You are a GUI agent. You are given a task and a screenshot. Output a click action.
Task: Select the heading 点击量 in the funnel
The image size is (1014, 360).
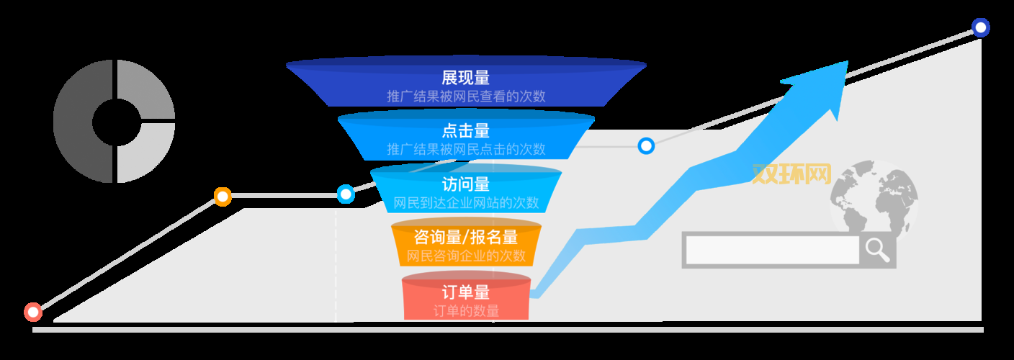(x=466, y=131)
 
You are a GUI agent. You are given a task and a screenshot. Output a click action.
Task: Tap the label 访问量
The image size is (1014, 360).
(x=466, y=184)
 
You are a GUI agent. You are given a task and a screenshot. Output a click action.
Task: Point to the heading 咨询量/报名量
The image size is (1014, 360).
(x=466, y=238)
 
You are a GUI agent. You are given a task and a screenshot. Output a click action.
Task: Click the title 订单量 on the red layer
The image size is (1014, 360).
(x=466, y=292)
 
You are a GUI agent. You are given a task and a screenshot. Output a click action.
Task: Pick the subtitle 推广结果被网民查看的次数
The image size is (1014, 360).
(x=466, y=96)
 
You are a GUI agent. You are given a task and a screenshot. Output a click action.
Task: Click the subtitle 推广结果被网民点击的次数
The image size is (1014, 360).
(x=466, y=150)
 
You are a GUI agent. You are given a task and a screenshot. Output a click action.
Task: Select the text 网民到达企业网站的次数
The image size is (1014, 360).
(x=466, y=202)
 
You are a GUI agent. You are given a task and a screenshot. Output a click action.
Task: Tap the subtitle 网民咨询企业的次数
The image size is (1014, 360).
(x=466, y=256)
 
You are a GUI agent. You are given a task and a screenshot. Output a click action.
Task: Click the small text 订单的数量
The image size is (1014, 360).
(x=466, y=311)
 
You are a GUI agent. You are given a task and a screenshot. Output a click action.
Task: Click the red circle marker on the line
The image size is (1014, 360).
(x=33, y=312)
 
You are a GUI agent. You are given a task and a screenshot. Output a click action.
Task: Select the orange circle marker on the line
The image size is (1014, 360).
(x=223, y=197)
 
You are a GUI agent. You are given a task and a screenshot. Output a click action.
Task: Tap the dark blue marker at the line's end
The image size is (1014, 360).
(x=980, y=27)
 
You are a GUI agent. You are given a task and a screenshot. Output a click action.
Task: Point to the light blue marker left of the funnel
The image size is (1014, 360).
(x=346, y=194)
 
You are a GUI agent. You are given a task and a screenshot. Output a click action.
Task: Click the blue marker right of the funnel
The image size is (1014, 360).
(x=646, y=146)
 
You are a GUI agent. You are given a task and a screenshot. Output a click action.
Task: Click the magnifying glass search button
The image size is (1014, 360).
(x=877, y=250)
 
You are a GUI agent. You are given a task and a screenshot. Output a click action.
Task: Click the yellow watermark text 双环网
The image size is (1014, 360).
(x=791, y=174)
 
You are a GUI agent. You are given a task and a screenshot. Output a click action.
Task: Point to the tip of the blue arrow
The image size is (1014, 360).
(x=846, y=63)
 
